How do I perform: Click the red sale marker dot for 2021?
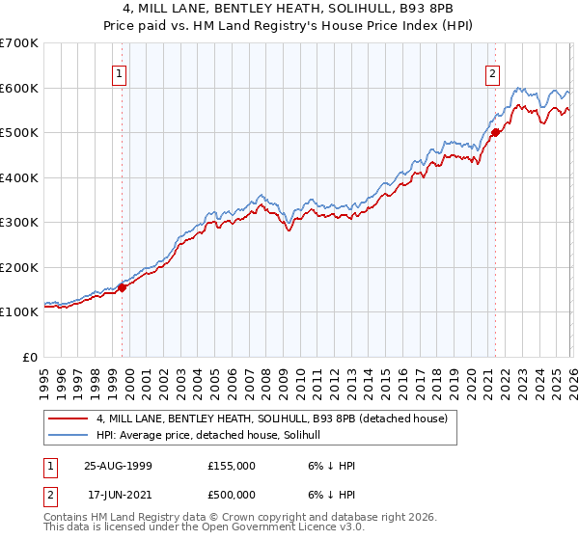coord(495,133)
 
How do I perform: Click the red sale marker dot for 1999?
coord(123,287)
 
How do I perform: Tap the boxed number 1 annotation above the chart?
coord(119,72)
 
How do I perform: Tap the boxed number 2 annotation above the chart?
coord(492,72)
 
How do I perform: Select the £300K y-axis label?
coord(19,222)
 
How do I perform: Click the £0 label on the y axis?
coord(31,357)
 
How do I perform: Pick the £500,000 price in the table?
coord(232,495)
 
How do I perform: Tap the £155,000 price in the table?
coord(232,466)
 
